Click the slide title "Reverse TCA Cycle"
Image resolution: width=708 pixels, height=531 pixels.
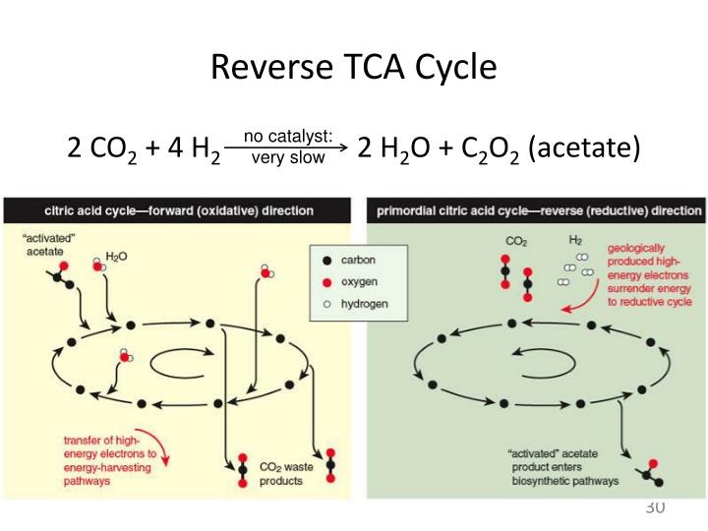coord(354,67)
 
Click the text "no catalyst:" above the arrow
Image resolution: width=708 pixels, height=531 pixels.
coord(288,137)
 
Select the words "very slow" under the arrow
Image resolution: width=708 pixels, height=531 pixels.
coord(288,157)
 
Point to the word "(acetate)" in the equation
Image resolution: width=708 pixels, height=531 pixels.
coord(584,148)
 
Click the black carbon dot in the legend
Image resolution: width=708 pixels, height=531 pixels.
coord(326,260)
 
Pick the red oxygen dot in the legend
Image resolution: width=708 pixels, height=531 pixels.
coord(326,281)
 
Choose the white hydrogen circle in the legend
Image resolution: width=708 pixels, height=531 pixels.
coord(326,304)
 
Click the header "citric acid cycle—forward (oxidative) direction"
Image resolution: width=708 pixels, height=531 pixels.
coord(179,210)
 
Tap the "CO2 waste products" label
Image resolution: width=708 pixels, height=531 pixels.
coord(286,474)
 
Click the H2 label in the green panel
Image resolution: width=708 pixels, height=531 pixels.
coord(575,239)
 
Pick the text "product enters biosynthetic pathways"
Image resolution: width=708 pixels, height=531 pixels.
coord(562,475)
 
